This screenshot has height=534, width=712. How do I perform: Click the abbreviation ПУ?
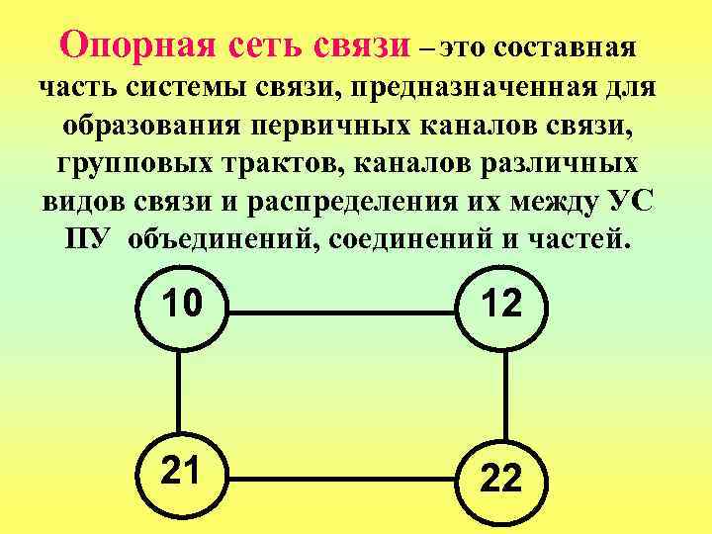(87, 238)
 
